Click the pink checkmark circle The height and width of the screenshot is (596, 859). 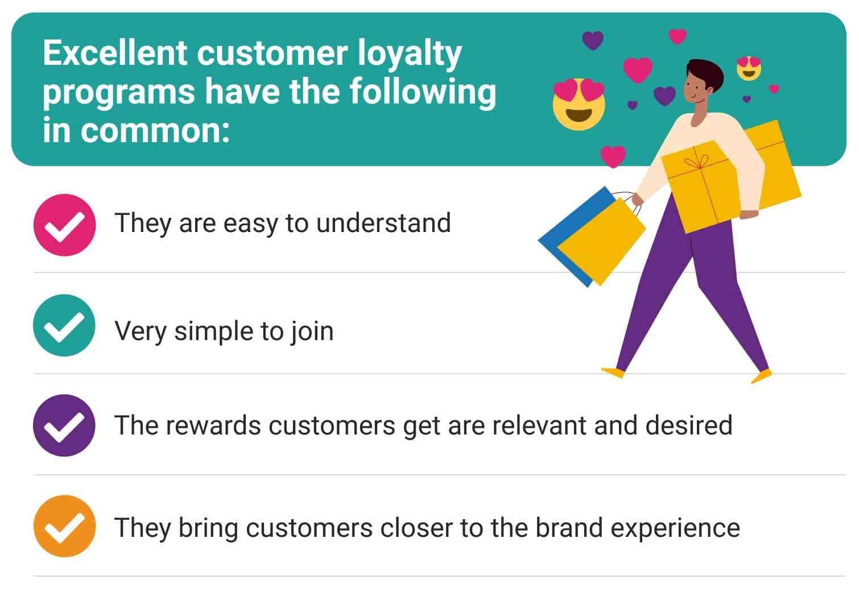(x=64, y=225)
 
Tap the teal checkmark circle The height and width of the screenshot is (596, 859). (x=64, y=325)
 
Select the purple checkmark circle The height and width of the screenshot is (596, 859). (x=64, y=425)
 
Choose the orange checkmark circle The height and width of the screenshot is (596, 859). (x=64, y=526)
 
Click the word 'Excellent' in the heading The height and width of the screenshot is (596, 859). (x=115, y=53)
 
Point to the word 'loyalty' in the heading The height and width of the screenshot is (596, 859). (x=410, y=56)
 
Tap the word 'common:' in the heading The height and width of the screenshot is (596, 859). (x=155, y=131)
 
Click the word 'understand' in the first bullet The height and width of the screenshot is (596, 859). (x=383, y=223)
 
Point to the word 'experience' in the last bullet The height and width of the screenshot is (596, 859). (x=675, y=529)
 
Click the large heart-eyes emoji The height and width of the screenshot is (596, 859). (x=579, y=104)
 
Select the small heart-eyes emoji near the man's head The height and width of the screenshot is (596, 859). (x=749, y=68)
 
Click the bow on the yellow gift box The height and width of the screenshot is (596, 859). (x=699, y=162)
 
